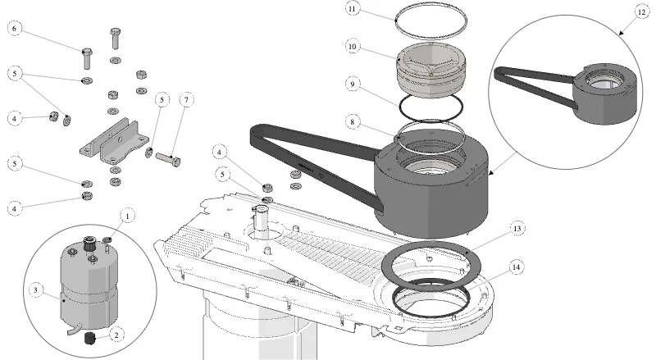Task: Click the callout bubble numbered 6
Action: [x=15, y=29]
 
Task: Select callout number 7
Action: [x=187, y=99]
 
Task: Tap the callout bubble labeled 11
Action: [x=353, y=9]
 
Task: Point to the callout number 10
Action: [x=353, y=47]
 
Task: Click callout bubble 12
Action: [x=642, y=12]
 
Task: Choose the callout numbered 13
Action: [x=517, y=229]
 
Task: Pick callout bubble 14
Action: [x=517, y=267]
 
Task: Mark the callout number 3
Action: [x=35, y=290]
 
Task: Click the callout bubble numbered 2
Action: [x=116, y=335]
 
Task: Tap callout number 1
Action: [x=128, y=216]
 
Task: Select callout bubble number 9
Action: [x=353, y=84]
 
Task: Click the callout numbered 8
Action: [x=353, y=122]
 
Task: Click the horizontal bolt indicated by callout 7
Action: [x=168, y=159]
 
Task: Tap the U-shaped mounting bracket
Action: [x=115, y=143]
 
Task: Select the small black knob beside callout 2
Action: [x=90, y=338]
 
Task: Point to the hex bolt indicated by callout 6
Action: [x=87, y=58]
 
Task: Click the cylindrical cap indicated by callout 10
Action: [x=431, y=69]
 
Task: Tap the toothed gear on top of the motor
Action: [x=89, y=244]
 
